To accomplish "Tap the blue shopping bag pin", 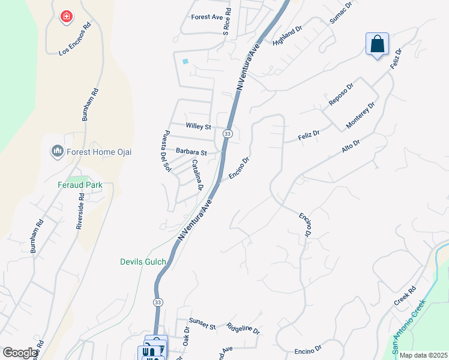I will coord(377,44).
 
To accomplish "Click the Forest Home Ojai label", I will coord(100,152).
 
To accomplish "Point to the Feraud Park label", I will coord(80,185).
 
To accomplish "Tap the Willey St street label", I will coord(198,127).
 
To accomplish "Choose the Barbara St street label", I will coord(191,152).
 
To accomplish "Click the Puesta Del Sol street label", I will coord(167,152).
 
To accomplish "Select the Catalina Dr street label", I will coord(196,173).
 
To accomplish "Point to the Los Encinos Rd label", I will coord(74,40).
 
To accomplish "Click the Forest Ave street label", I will coord(206,17).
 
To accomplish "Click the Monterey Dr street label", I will coord(360,115).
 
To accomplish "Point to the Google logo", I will coord(20,353).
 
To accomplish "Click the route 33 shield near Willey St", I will coord(227,133).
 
